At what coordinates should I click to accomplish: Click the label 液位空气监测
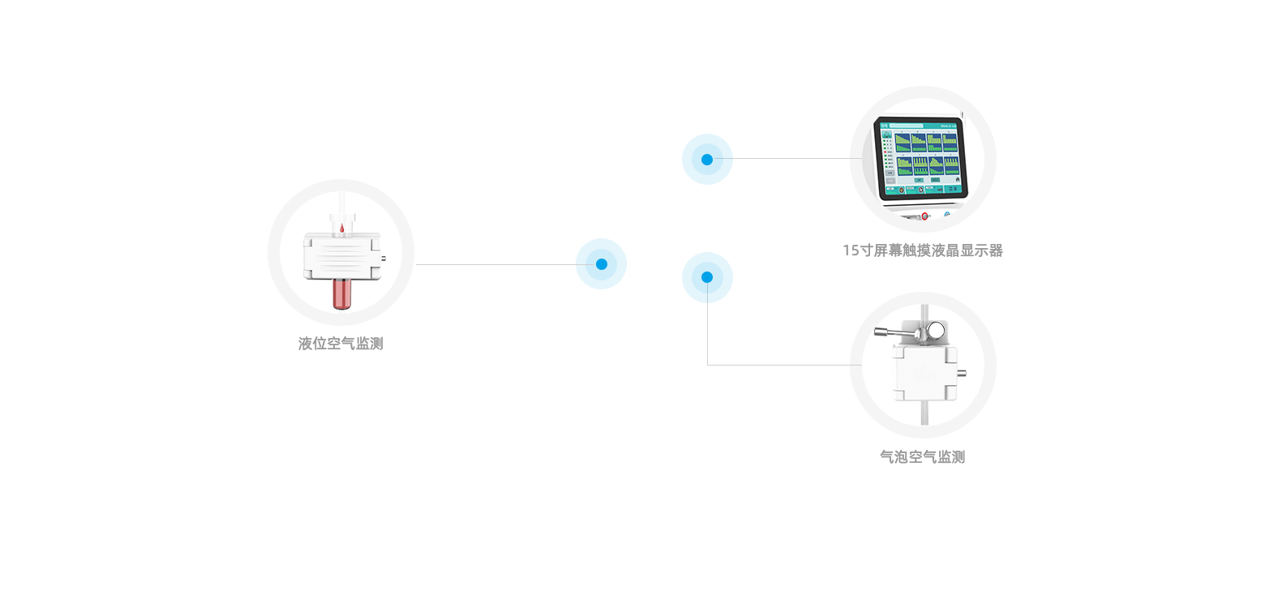pyautogui.click(x=341, y=344)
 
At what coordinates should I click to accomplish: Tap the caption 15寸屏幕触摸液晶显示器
pyautogui.click(x=923, y=250)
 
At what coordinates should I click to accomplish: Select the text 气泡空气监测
pyautogui.click(x=923, y=457)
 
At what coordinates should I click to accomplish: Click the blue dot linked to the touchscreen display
pyautogui.click(x=707, y=159)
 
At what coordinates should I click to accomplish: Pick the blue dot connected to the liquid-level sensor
pyautogui.click(x=601, y=263)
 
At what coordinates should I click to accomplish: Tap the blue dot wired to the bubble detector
pyautogui.click(x=707, y=277)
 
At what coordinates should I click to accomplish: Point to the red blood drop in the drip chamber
pyautogui.click(x=341, y=229)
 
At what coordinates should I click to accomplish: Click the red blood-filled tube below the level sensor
pyautogui.click(x=341, y=293)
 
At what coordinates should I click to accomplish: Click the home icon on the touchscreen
pyautogui.click(x=957, y=179)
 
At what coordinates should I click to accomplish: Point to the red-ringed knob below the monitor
pyautogui.click(x=924, y=216)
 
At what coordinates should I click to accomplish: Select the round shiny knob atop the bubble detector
pyautogui.click(x=937, y=330)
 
